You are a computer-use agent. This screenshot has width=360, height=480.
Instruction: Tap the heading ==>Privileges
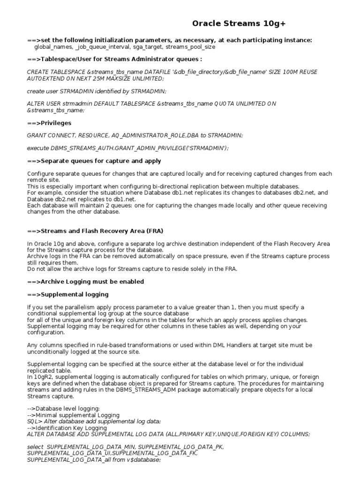[x=49, y=123]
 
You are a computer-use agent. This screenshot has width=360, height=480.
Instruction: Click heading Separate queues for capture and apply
[x=101, y=161]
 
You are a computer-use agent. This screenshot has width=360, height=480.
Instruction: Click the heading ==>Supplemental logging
[x=68, y=294]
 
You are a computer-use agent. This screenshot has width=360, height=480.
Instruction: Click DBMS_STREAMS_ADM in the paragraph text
[x=146, y=390]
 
